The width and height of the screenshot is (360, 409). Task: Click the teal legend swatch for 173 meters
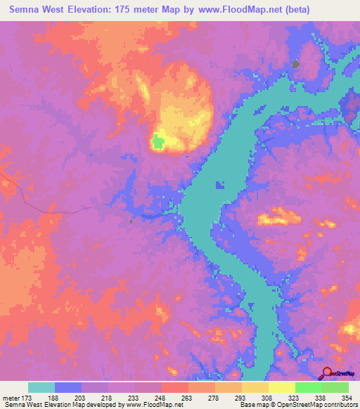pyautogui.click(x=41, y=387)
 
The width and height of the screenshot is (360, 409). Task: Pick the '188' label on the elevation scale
pyautogui.click(x=68, y=398)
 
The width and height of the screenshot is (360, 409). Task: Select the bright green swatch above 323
pyautogui.click(x=308, y=387)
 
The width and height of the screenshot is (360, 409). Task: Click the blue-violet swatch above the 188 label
pyautogui.click(x=68, y=387)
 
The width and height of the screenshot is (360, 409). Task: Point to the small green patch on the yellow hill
pyautogui.click(x=158, y=143)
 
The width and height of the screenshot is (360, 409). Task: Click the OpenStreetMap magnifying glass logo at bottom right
pyautogui.click(x=326, y=373)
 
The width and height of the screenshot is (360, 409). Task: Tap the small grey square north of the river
pyautogui.click(x=295, y=65)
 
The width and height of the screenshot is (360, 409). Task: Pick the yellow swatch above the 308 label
pyautogui.click(x=255, y=387)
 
